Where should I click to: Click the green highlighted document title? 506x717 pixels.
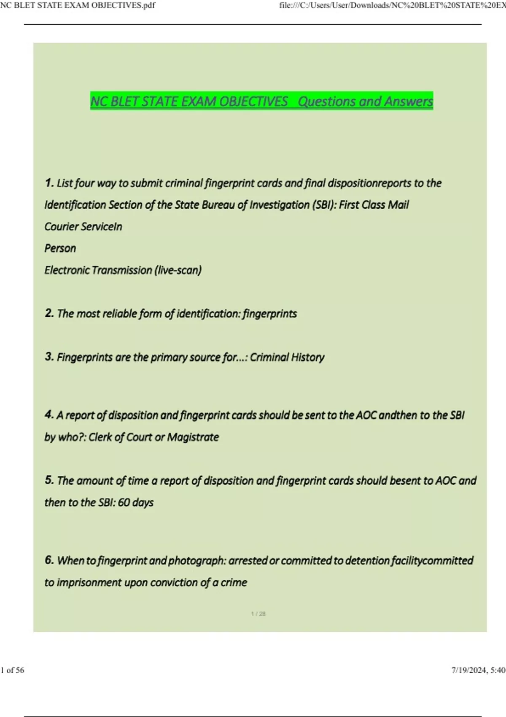tap(261, 101)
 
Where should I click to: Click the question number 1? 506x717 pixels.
tap(49, 183)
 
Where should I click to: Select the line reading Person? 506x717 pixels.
tap(60, 248)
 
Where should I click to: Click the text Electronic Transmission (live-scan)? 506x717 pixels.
tap(123, 270)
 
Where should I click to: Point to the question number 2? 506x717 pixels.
tap(49, 313)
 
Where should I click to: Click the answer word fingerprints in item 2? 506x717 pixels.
tap(270, 313)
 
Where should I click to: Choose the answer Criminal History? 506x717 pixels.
tap(287, 357)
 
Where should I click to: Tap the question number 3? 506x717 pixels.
tap(49, 357)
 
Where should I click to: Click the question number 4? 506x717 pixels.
tap(49, 415)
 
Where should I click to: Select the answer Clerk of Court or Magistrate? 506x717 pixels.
tap(154, 437)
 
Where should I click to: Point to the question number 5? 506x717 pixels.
tap(49, 480)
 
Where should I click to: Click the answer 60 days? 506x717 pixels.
tap(136, 502)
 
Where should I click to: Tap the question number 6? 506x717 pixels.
tap(49, 560)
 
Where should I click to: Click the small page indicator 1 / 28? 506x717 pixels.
tap(258, 614)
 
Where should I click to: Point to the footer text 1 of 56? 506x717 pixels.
tap(13, 670)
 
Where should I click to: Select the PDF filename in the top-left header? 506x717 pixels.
tap(78, 5)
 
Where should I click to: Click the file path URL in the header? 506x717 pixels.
tap(392, 5)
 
